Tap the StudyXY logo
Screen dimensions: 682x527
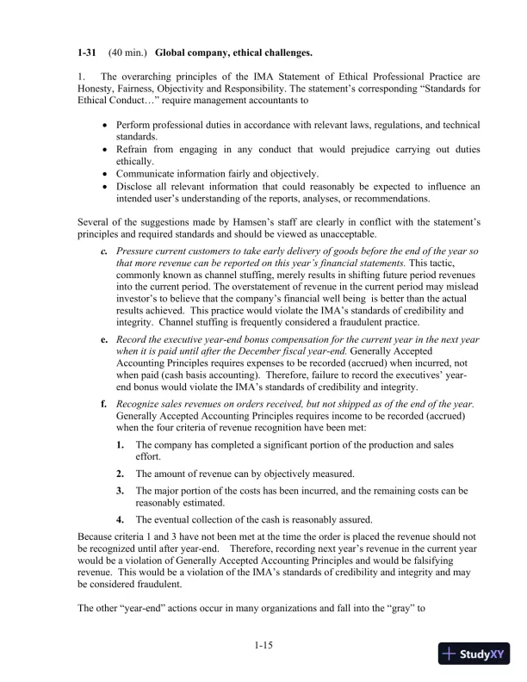coord(473,654)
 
